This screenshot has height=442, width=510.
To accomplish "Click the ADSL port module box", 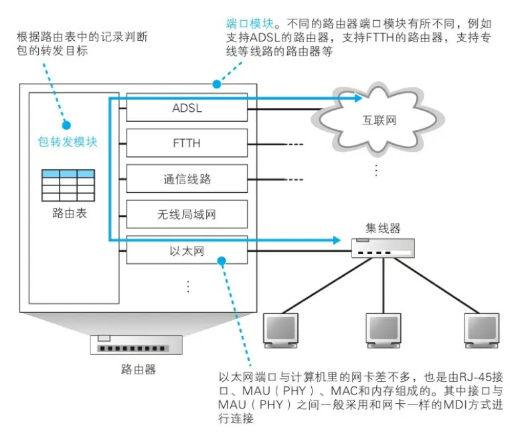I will [x=187, y=108].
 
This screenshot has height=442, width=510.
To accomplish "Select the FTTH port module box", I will [x=187, y=143].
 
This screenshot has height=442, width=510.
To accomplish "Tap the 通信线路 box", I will [x=187, y=179].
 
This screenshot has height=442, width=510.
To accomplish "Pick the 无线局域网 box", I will [x=187, y=215].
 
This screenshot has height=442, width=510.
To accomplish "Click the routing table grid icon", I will [x=68, y=186].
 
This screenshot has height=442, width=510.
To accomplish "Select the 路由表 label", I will [x=68, y=214].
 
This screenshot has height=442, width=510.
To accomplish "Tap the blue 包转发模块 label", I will [x=68, y=142].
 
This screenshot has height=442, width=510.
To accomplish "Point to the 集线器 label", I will [x=384, y=228].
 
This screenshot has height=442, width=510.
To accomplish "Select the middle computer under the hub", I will [x=384, y=329].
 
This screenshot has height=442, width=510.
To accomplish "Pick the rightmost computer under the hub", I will [x=483, y=329].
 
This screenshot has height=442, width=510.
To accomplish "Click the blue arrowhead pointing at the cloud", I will [x=358, y=98].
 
